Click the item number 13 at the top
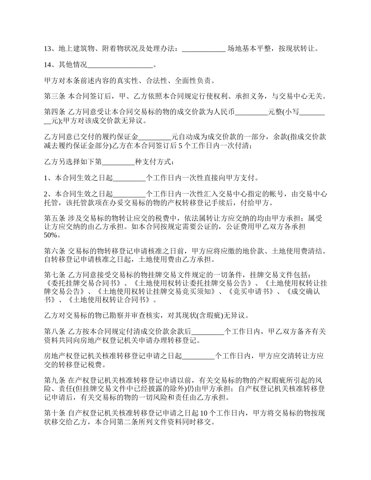click(x=48, y=49)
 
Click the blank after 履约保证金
click(x=155, y=137)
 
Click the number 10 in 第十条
click(x=204, y=414)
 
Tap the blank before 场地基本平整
click(x=203, y=49)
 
